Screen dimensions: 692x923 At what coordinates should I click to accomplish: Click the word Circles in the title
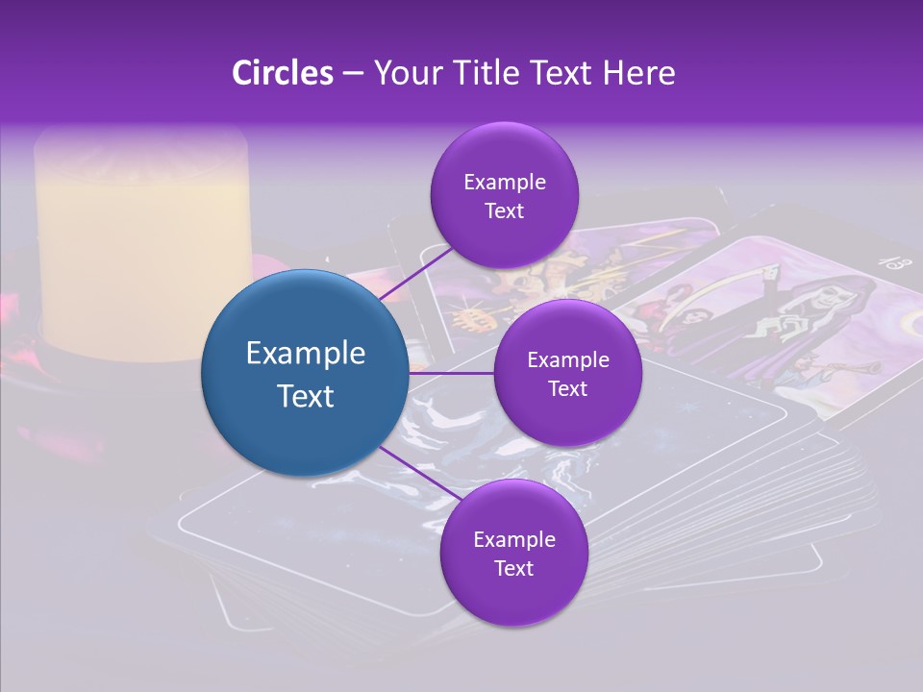[283, 73]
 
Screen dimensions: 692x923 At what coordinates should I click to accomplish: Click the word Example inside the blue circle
[306, 354]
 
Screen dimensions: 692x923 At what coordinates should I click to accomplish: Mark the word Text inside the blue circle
[306, 396]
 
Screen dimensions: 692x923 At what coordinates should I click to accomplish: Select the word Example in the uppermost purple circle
[505, 182]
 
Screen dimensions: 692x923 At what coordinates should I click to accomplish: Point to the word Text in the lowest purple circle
[514, 568]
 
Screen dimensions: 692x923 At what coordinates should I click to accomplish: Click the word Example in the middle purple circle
[567, 360]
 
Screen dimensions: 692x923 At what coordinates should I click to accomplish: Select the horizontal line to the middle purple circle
[452, 373]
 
